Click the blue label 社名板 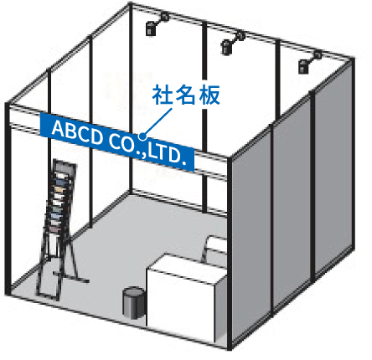(186, 95)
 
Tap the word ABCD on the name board (77, 132)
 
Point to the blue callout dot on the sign (142, 136)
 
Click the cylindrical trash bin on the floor (134, 302)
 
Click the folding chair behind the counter (214, 249)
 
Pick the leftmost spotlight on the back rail (156, 24)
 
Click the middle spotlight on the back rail (231, 44)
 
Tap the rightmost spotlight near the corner (308, 62)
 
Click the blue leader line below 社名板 (158, 121)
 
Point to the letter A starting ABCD (58, 128)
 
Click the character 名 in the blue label (186, 95)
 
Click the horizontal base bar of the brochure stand (71, 277)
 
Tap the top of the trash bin (134, 291)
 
